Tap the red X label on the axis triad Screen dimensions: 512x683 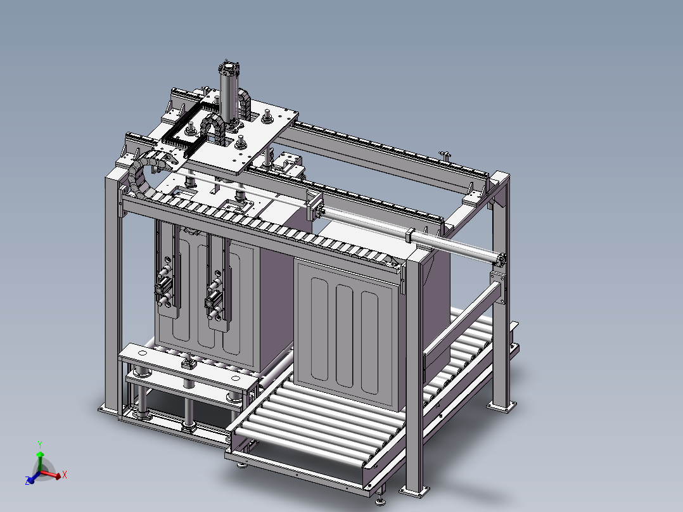65,474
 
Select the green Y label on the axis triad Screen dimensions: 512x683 39,444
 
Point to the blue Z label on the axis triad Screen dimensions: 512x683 29,482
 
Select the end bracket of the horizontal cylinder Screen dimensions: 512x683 501,259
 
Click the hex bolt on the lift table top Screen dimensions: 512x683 188,364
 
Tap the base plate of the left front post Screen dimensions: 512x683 109,410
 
